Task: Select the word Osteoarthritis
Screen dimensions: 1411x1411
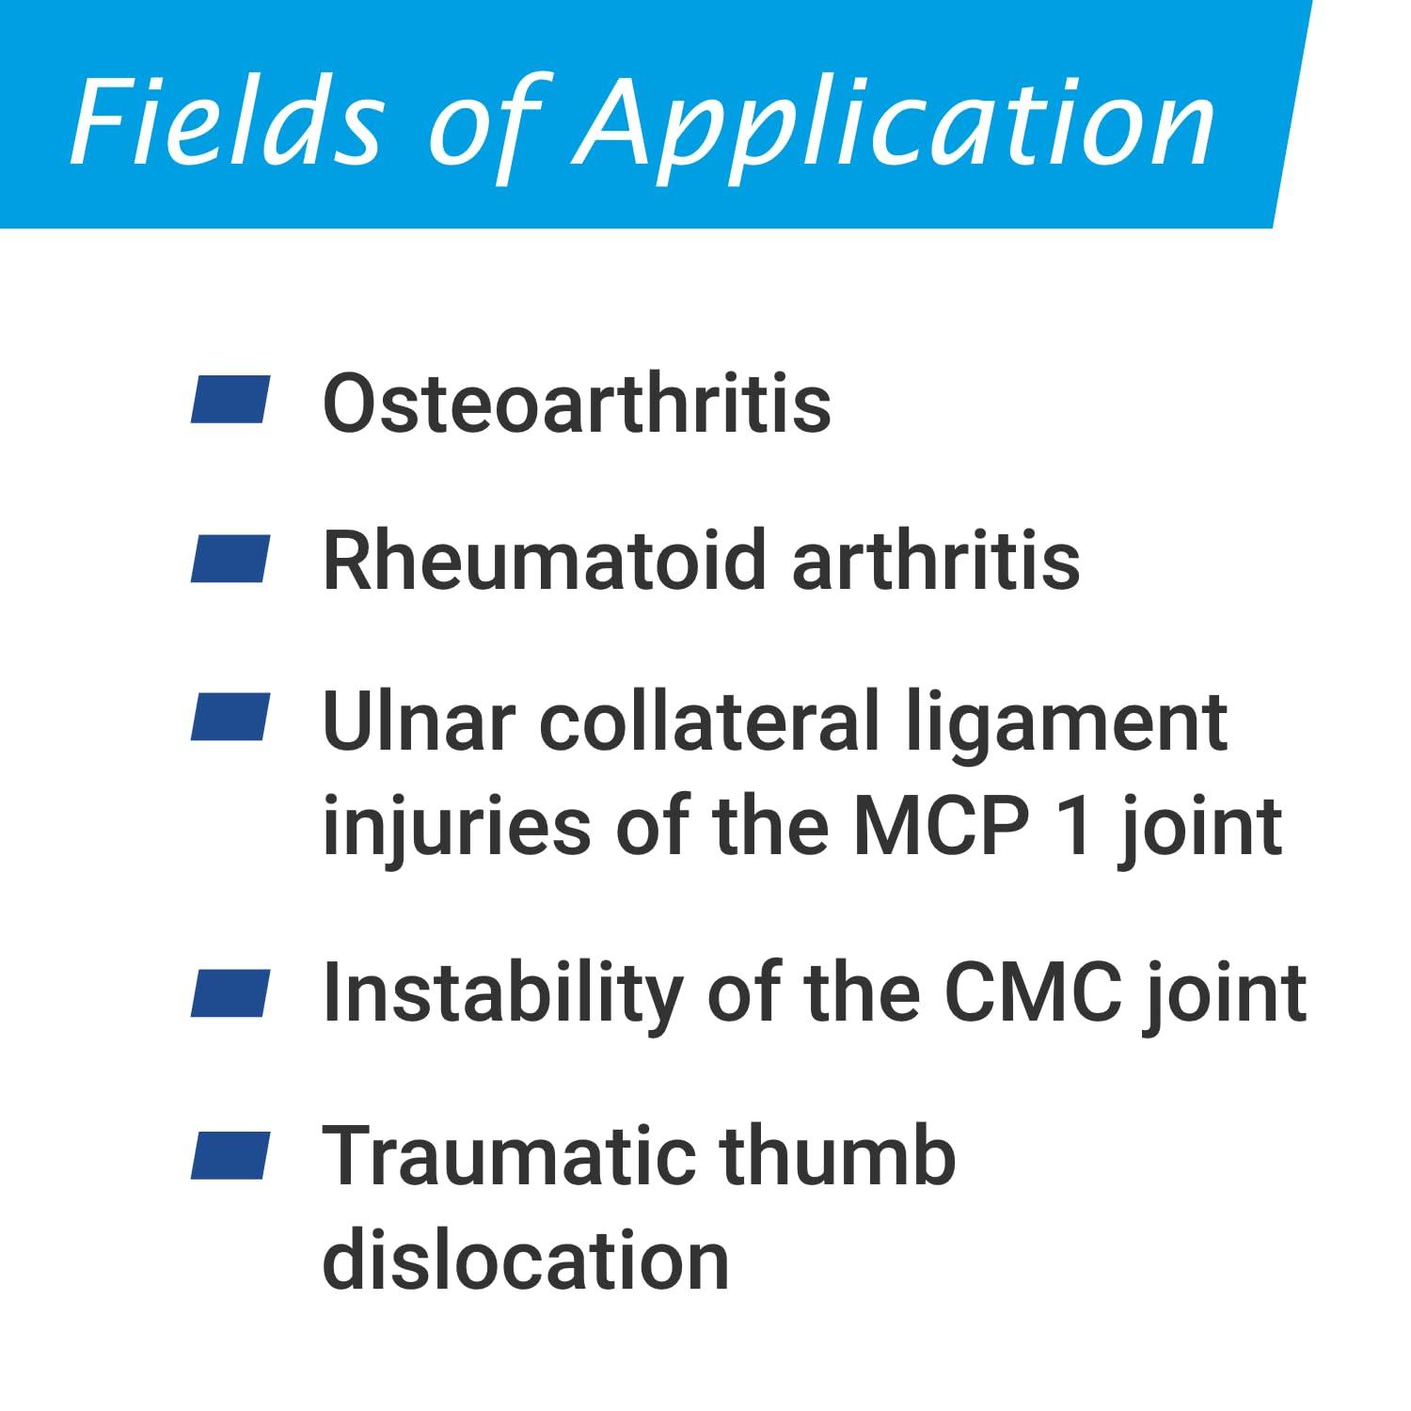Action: (577, 403)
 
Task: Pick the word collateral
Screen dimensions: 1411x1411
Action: (709, 721)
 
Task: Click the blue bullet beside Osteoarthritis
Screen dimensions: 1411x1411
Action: (230, 399)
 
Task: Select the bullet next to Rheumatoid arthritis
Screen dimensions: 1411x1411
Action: (230, 559)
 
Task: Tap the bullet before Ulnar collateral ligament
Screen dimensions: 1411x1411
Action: (230, 717)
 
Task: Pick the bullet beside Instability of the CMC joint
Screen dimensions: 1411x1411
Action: (230, 993)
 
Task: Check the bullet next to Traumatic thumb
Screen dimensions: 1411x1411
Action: (230, 1156)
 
